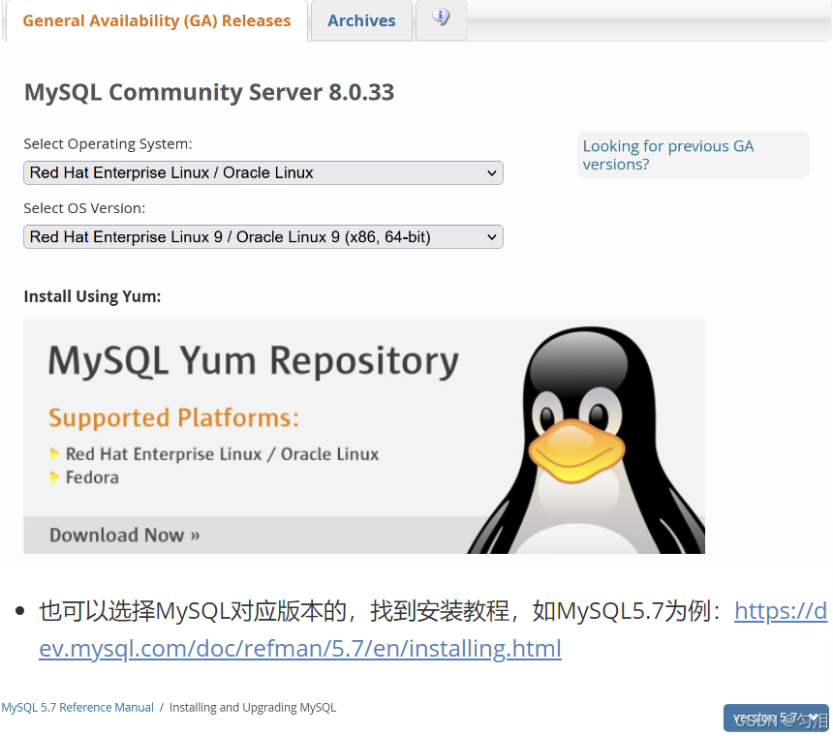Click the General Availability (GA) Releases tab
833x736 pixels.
click(x=156, y=20)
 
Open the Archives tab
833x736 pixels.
click(x=361, y=20)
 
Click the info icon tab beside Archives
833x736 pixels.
click(x=441, y=18)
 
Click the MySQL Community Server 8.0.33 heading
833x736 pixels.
click(x=208, y=93)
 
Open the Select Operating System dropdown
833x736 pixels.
click(x=262, y=173)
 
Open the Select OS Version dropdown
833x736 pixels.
click(x=262, y=237)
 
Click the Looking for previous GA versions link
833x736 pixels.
click(x=667, y=155)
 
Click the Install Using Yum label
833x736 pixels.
click(x=92, y=296)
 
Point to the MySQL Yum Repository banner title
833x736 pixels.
click(x=253, y=362)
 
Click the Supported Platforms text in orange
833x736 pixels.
click(x=173, y=418)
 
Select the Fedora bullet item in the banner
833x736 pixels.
click(x=92, y=477)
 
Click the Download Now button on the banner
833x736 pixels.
click(x=125, y=535)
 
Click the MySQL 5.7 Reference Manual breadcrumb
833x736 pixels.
click(x=77, y=708)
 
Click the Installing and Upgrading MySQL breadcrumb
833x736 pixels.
click(x=253, y=708)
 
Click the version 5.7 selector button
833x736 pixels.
click(x=776, y=718)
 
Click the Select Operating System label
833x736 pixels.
click(x=108, y=144)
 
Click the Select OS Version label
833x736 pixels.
click(x=84, y=208)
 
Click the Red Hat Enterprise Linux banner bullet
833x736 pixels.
click(x=222, y=454)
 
